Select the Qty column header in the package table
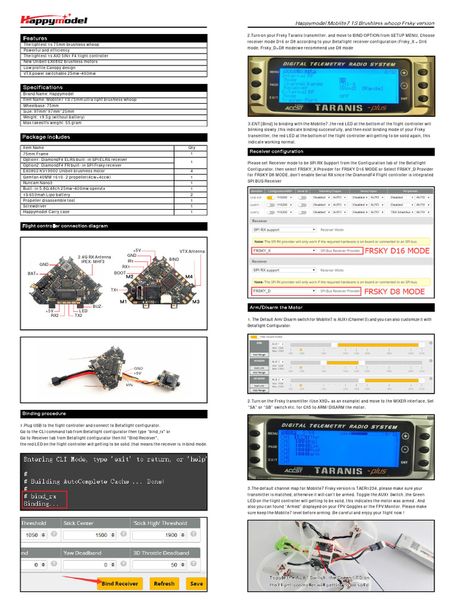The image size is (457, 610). tap(192, 148)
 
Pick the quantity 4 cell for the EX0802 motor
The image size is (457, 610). tap(192, 171)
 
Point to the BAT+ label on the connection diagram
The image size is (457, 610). tap(32, 273)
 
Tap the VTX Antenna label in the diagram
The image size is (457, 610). tap(192, 251)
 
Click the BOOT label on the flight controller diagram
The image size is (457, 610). tap(120, 273)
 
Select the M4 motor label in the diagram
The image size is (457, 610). tap(189, 277)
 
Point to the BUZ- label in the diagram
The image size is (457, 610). tap(98, 306)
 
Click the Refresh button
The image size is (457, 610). tap(164, 584)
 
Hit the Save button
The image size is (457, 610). tap(196, 584)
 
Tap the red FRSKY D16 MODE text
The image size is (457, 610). tap(396, 251)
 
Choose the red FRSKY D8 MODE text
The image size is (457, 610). tap(394, 291)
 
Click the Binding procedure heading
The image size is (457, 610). tap(44, 413)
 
